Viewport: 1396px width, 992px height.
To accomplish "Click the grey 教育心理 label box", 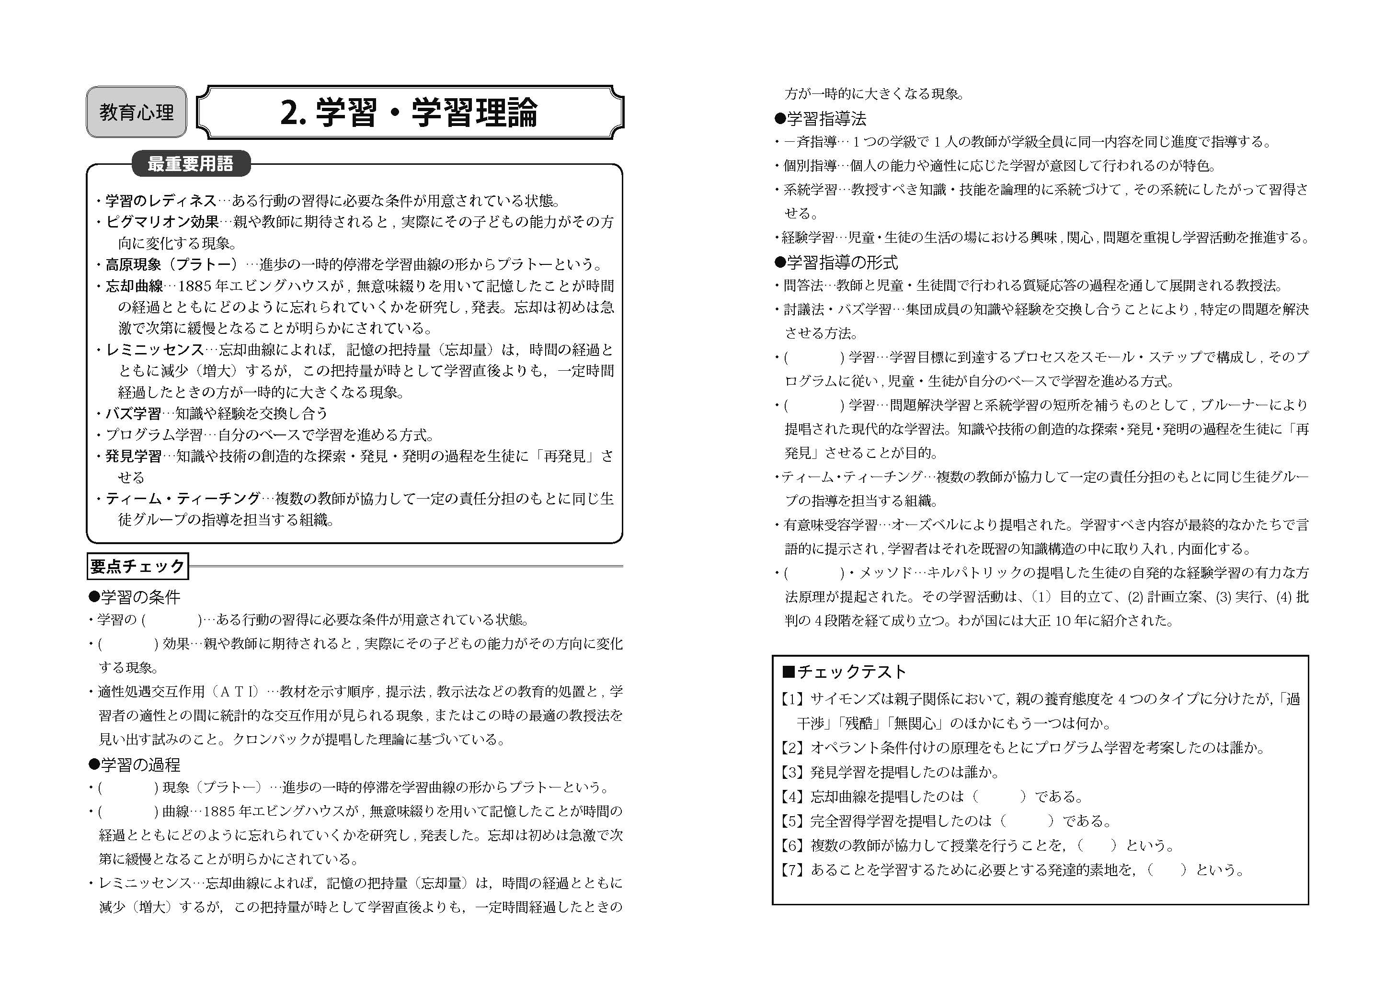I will coord(136,112).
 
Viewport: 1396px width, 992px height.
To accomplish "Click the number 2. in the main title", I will coord(293,113).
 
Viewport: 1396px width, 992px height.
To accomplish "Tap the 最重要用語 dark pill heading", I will coord(191,164).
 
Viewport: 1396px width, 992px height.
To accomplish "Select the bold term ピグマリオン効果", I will coord(162,222).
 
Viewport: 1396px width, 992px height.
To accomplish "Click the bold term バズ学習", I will coord(133,413).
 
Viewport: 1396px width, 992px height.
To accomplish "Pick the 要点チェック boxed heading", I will coord(137,566).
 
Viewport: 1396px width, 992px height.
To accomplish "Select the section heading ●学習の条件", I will coord(135,596).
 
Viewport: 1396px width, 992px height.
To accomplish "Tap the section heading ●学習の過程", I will coord(135,764).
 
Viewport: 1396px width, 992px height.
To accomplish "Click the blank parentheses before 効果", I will coord(128,644).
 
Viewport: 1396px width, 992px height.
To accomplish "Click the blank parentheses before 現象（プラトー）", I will coord(128,788).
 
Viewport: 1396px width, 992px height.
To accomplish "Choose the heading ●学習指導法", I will coord(820,118).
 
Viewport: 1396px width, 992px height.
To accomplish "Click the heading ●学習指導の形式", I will coord(836,262).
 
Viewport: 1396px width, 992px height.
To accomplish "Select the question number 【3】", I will coord(792,772).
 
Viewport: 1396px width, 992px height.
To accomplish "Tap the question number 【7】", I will coord(792,870).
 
